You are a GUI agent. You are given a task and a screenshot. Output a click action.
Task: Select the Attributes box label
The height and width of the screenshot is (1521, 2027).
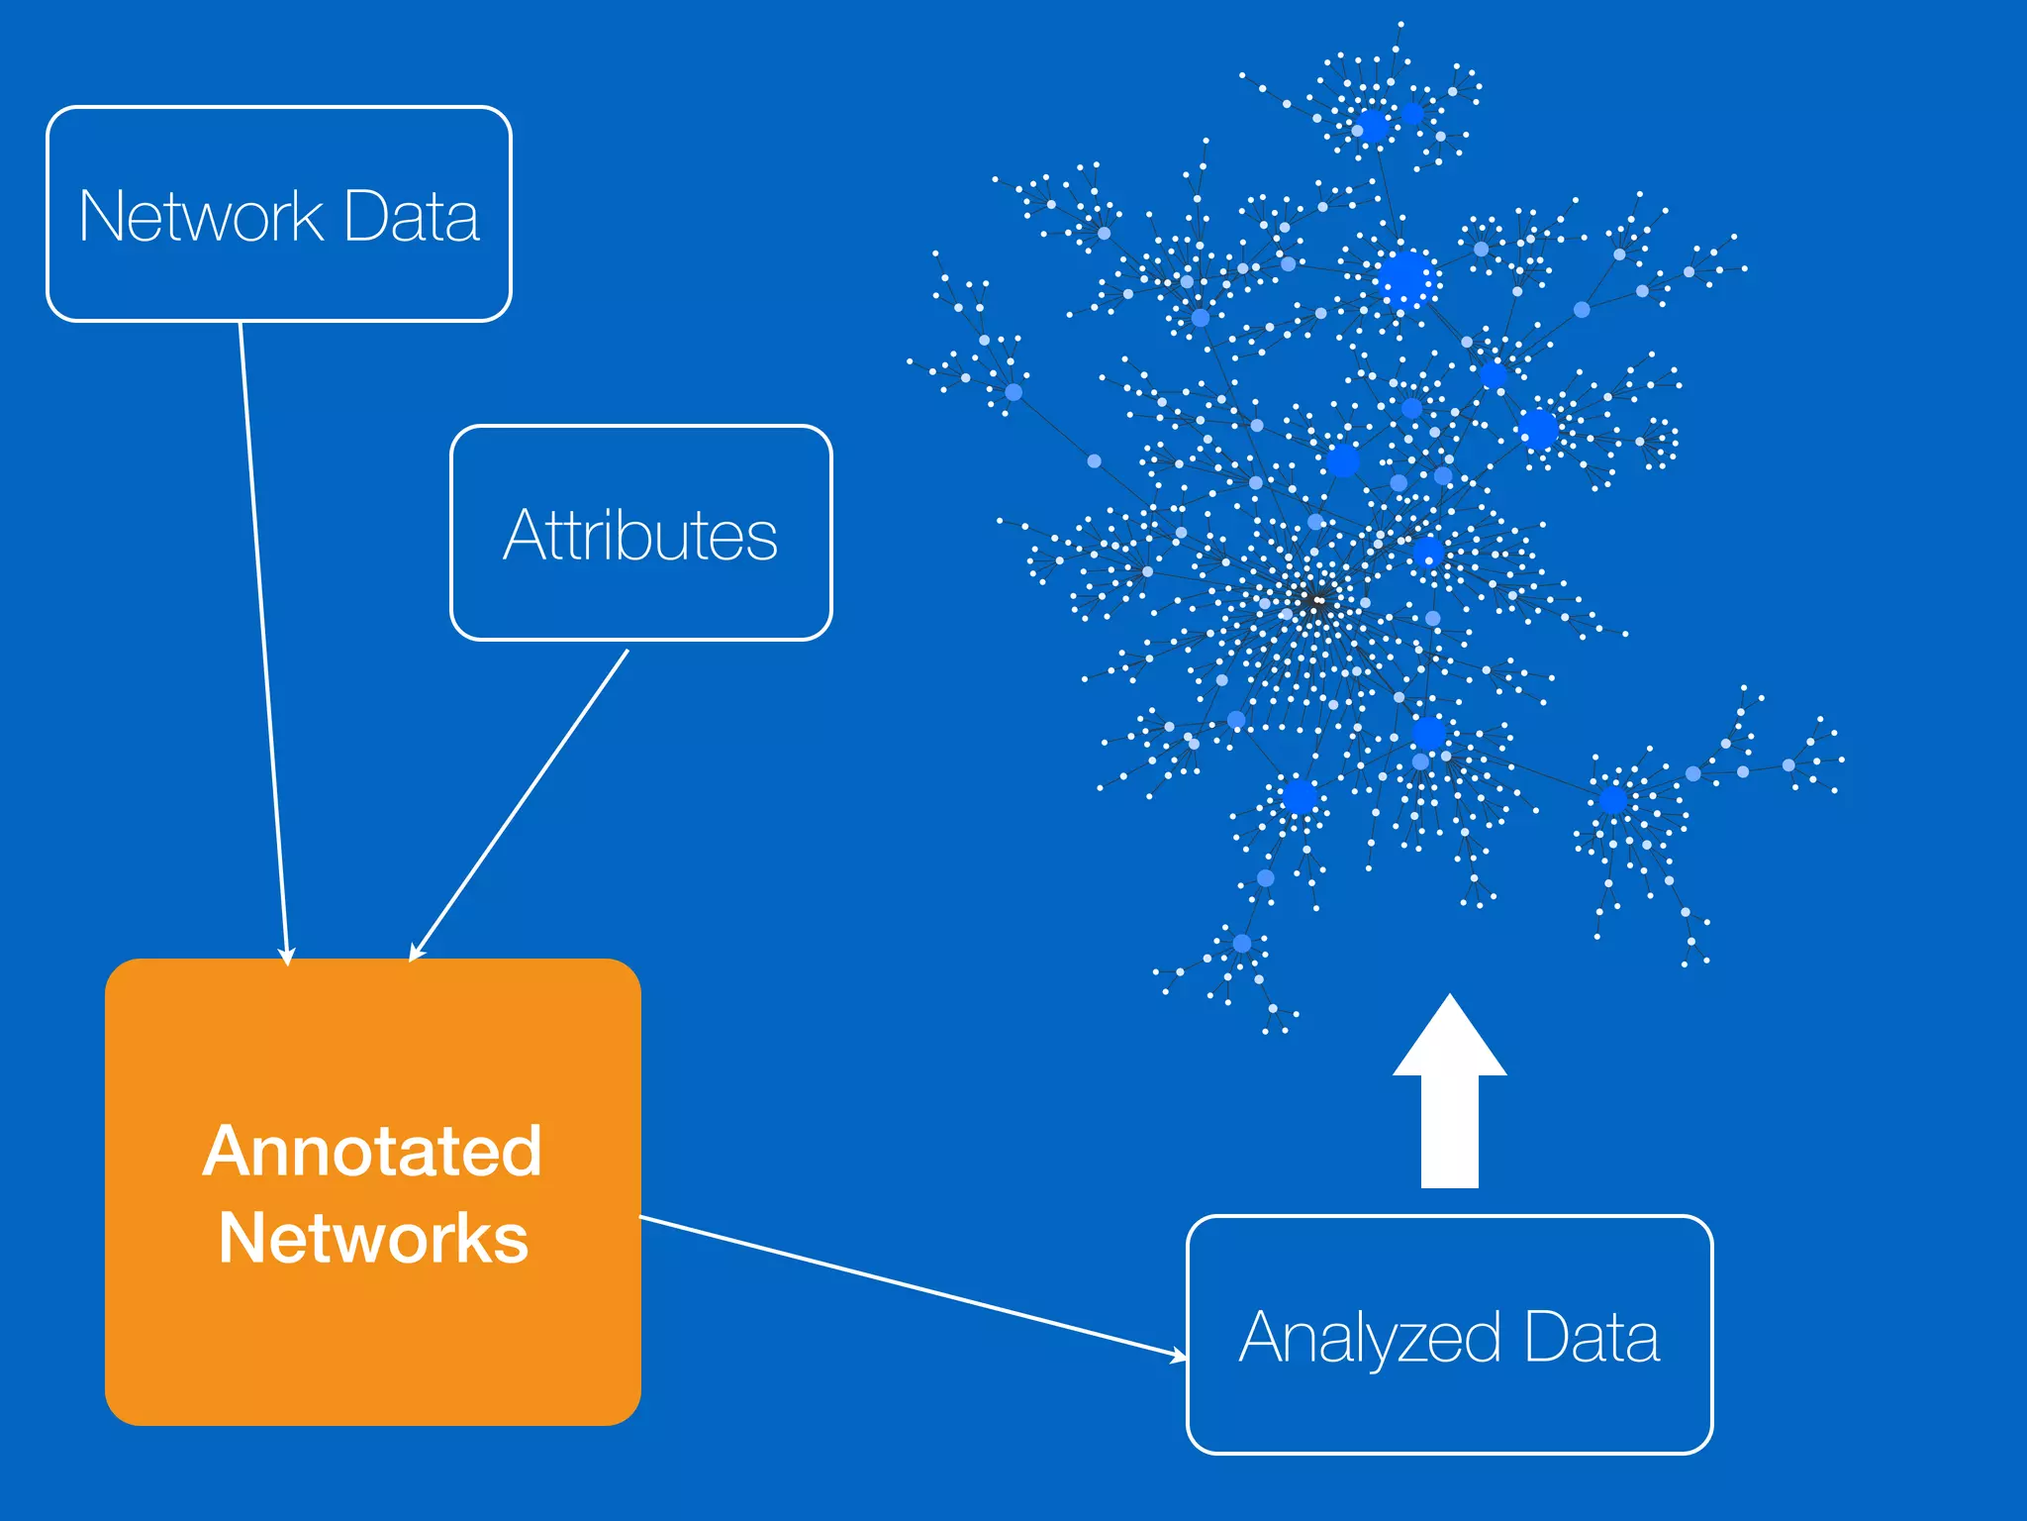pos(640,536)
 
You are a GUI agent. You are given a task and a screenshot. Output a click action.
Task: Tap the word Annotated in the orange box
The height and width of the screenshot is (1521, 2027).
pos(372,1152)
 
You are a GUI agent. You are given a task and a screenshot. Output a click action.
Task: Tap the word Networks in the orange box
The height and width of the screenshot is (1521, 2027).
pos(373,1239)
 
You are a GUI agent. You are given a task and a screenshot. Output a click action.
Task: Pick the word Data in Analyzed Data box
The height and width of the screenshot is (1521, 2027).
pos(1591,1337)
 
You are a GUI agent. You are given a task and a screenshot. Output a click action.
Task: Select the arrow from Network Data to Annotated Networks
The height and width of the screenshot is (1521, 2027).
pos(263,644)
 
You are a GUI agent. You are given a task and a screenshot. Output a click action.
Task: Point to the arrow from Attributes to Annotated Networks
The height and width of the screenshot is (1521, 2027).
pos(520,804)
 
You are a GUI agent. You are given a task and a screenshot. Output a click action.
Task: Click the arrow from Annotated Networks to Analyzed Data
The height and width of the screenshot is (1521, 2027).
pos(911,1286)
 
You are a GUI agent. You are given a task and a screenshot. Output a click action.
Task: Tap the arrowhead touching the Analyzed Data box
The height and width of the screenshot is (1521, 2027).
pos(1179,1355)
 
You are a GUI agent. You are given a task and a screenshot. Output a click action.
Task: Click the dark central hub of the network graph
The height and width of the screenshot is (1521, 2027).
pos(1315,600)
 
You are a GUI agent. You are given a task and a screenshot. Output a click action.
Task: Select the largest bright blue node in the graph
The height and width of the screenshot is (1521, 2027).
pos(1404,278)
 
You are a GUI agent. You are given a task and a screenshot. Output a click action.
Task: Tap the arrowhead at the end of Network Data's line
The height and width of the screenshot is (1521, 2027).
pos(287,957)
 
